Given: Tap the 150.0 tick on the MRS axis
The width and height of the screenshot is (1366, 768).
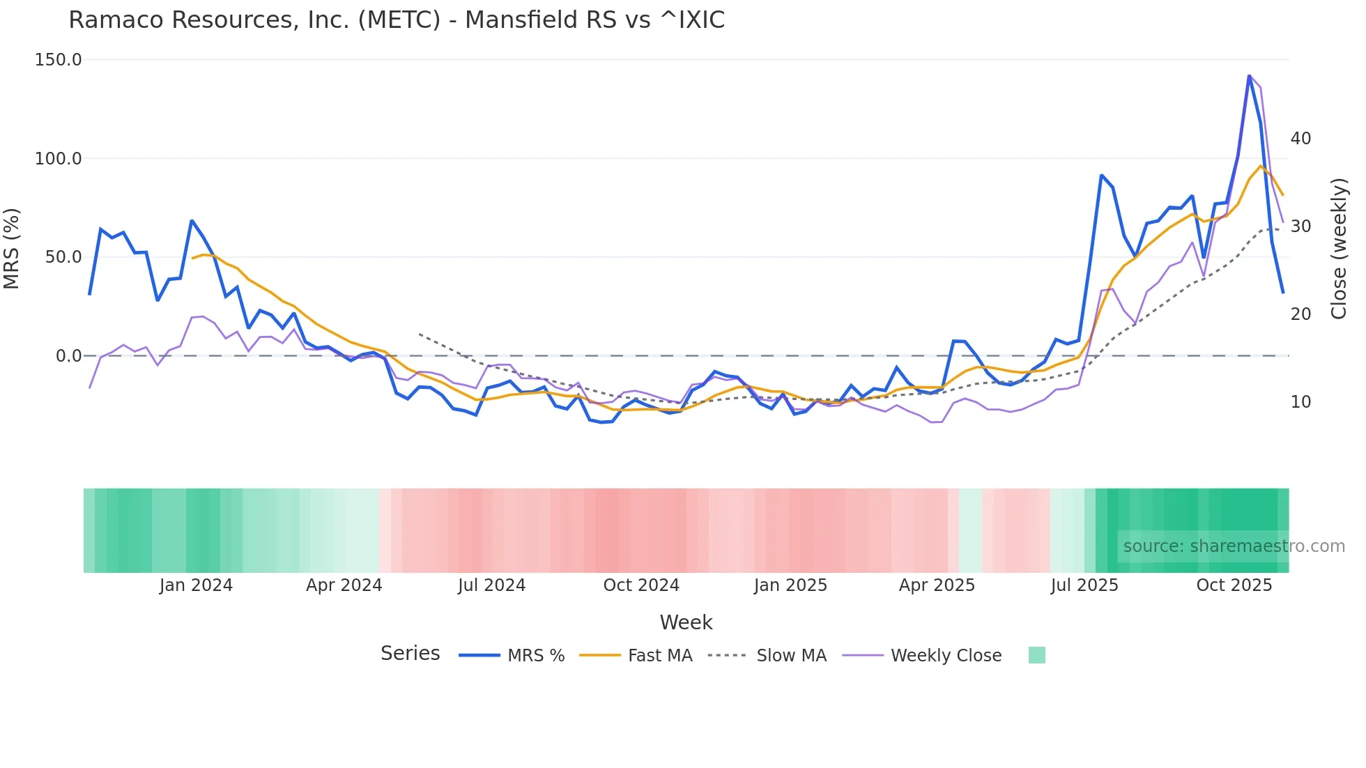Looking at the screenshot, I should pos(59,60).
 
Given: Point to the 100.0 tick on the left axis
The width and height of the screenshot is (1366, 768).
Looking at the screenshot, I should pos(59,159).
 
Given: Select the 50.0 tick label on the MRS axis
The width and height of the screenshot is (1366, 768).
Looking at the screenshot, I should pos(63,257).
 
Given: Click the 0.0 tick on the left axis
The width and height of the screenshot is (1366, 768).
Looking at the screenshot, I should pos(69,356).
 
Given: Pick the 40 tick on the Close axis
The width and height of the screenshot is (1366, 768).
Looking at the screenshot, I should pos(1300,139).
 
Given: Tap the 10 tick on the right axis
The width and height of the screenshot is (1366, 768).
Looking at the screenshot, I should pos(1300,402).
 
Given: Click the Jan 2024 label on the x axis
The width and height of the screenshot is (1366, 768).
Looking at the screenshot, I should pos(196,585).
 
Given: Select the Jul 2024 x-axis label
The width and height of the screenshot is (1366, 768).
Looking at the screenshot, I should pos(491,585).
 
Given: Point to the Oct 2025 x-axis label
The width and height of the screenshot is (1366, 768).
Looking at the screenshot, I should pos(1234,585).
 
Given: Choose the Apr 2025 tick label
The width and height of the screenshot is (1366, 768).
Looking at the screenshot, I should pos(937,585).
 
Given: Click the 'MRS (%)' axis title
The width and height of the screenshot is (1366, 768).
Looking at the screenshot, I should pos(12,248).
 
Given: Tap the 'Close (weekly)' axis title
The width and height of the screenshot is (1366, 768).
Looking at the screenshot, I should pos(1339,248).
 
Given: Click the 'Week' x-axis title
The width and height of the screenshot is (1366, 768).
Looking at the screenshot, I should pos(686,622).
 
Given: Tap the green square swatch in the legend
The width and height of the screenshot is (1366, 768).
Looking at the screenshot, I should pos(1036,655).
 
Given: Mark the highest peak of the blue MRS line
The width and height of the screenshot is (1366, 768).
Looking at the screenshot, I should pos(1249,75).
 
